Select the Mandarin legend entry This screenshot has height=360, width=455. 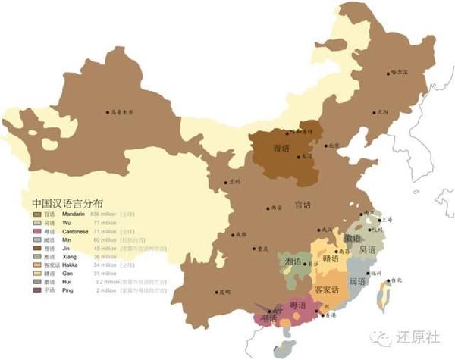[x=71, y=215]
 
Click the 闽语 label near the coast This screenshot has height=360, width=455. [x=358, y=282]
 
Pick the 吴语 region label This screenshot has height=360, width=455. [x=368, y=251]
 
